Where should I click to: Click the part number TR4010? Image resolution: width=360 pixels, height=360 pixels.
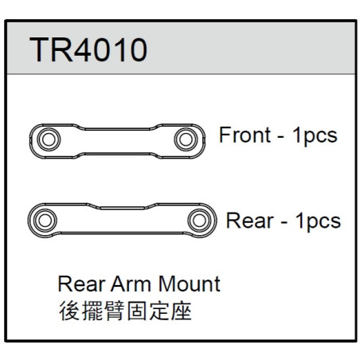88,49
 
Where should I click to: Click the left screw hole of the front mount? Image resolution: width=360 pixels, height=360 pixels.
49,139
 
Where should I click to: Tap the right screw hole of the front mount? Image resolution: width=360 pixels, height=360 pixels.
186,139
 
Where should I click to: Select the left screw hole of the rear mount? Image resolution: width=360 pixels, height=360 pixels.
45,221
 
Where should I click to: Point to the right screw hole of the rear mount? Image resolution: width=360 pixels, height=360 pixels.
199,221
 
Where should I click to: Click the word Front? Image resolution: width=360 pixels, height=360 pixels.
245,135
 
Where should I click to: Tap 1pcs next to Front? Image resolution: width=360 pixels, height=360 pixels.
315,136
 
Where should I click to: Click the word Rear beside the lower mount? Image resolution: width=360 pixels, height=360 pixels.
249,221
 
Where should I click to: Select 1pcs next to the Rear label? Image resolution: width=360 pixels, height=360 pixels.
318,221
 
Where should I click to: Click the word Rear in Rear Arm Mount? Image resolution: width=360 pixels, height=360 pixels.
81,284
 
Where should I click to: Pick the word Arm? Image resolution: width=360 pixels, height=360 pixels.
131,284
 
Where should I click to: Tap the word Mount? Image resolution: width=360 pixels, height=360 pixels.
190,284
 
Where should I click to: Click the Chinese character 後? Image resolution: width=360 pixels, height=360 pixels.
69,311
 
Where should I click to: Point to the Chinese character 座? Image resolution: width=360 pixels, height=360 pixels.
181,311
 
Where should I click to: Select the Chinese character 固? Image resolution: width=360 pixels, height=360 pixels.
136,311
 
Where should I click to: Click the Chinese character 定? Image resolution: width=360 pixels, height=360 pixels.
158,311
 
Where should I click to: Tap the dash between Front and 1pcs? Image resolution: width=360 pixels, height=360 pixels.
280,138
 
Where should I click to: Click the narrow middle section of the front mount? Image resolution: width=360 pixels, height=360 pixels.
117,141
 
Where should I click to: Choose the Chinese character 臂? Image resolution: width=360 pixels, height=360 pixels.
114,311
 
